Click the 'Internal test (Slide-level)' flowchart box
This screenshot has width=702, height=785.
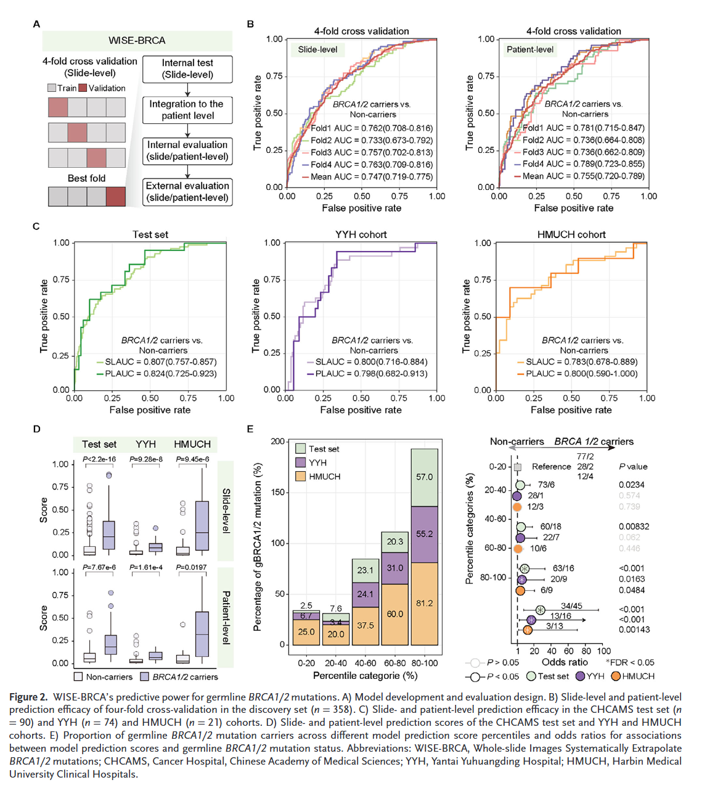point(187,69)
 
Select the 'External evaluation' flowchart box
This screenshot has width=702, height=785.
point(187,192)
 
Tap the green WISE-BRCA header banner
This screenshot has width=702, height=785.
point(137,41)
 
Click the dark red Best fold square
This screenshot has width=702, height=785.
point(116,197)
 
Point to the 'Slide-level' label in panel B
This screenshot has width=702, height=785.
point(317,49)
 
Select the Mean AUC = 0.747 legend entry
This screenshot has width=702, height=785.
point(367,176)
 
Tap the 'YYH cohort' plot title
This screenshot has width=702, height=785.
point(361,234)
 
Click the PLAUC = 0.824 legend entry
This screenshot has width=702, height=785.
point(157,374)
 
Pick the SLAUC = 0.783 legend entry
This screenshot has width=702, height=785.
point(577,362)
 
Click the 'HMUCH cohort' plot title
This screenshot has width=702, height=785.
point(571,234)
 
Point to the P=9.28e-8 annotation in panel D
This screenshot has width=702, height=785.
point(146,459)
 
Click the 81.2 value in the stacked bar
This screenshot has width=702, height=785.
point(425,603)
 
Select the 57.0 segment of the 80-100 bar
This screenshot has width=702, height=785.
point(425,477)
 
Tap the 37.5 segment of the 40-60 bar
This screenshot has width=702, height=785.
point(365,625)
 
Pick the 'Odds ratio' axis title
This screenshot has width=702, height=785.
point(565,662)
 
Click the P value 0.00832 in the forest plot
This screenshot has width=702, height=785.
point(634,527)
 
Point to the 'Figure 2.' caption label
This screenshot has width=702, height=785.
point(28,697)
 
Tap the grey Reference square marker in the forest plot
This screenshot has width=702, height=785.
point(518,467)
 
